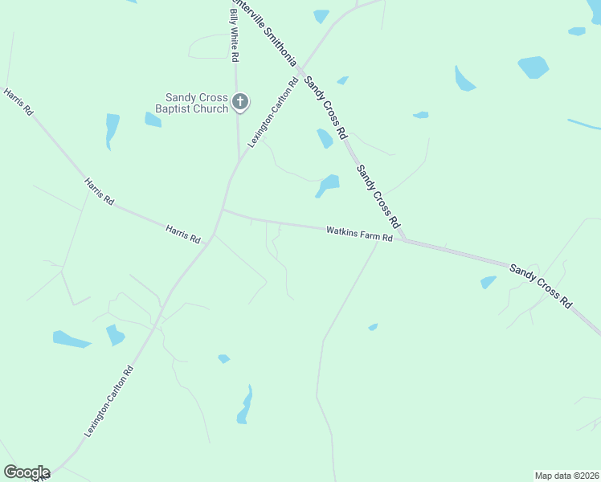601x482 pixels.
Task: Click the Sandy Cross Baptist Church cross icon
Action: [x=239, y=102]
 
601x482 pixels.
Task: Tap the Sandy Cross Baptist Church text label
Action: [x=197, y=103]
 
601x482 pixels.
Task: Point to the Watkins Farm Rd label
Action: [x=359, y=234]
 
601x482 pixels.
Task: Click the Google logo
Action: [x=27, y=472]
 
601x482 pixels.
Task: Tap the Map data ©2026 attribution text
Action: [x=566, y=475]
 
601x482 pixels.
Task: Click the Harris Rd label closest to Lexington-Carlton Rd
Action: [x=182, y=234]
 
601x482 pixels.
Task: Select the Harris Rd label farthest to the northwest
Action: [x=18, y=102]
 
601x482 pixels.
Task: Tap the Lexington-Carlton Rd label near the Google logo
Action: [x=108, y=402]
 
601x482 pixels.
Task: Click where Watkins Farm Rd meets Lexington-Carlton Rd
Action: [x=224, y=210]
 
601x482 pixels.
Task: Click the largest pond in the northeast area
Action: [x=533, y=67]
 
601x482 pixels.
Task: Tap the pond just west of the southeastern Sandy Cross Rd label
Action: [x=489, y=282]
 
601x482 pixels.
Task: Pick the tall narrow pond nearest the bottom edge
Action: [x=244, y=406]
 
